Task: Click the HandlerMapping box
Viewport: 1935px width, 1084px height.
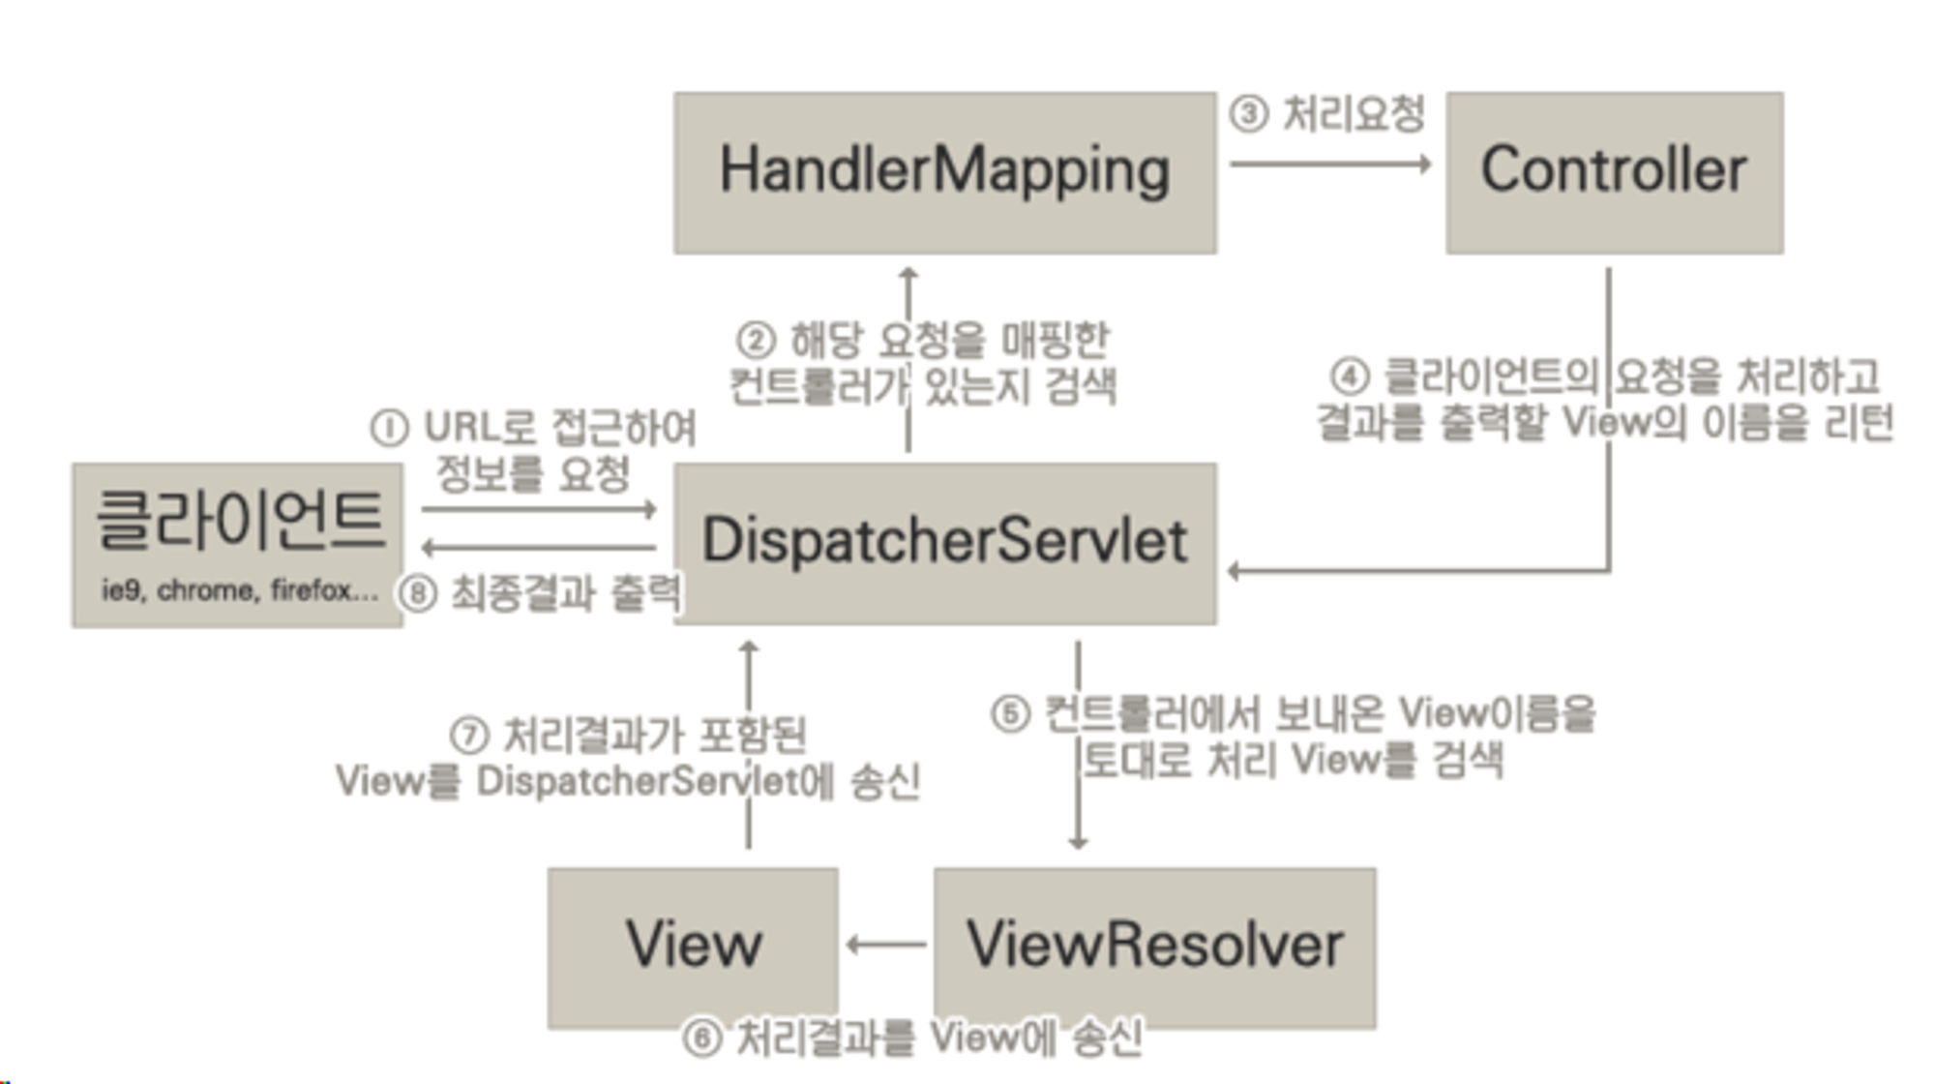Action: tap(945, 173)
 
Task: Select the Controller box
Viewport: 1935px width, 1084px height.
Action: tap(1614, 173)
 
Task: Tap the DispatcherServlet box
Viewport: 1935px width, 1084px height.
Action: tap(945, 542)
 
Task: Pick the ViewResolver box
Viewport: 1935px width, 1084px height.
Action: tap(1154, 947)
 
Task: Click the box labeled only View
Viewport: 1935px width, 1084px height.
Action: tap(693, 947)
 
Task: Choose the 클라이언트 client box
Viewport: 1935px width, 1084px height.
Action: tap(237, 544)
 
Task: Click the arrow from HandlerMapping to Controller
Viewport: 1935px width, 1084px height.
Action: tap(1330, 164)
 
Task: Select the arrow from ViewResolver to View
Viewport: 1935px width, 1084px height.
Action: tap(886, 945)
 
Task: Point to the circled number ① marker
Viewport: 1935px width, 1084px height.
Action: tap(389, 428)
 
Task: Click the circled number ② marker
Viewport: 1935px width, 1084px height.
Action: tap(756, 341)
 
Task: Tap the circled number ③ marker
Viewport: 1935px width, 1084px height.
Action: tap(1248, 114)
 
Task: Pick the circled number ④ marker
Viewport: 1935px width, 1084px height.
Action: tap(1350, 376)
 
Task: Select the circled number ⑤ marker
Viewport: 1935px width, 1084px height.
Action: tap(1010, 715)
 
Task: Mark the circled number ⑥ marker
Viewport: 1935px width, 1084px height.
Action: tap(702, 1039)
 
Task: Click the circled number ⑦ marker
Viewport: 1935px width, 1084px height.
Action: tap(469, 736)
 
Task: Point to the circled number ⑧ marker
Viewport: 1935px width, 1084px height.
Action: tap(418, 593)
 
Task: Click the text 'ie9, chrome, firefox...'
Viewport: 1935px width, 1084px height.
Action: tap(239, 589)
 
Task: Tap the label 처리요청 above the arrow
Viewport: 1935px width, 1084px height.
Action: tap(1354, 114)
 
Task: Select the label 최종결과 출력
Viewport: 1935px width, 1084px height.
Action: tap(566, 593)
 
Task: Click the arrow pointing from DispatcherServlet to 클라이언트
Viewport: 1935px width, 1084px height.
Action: tap(539, 548)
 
